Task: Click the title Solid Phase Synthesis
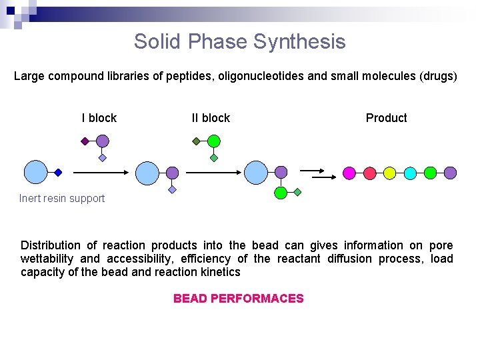click(239, 41)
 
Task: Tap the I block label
click(99, 118)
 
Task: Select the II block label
click(211, 118)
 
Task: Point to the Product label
click(386, 118)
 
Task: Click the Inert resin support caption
click(62, 198)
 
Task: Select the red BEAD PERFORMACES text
click(238, 299)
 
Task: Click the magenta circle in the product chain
click(349, 173)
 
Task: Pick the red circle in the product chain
click(369, 173)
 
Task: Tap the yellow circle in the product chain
click(389, 173)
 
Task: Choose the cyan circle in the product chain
click(410, 173)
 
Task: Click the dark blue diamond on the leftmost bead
click(58, 173)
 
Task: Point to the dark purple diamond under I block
click(85, 141)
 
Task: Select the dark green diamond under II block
click(196, 141)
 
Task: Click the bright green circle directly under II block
click(213, 141)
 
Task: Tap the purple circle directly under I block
click(102, 141)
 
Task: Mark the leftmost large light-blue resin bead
click(35, 172)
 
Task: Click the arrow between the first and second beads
click(100, 173)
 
